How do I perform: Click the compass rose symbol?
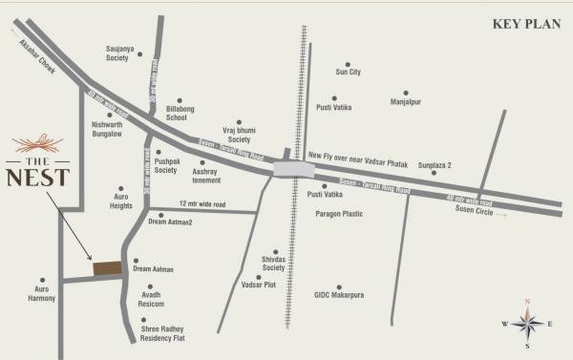point(527,324)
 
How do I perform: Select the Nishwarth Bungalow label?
point(107,129)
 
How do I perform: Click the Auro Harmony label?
point(41,293)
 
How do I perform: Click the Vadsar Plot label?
point(259,286)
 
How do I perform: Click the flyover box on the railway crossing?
point(293,169)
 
